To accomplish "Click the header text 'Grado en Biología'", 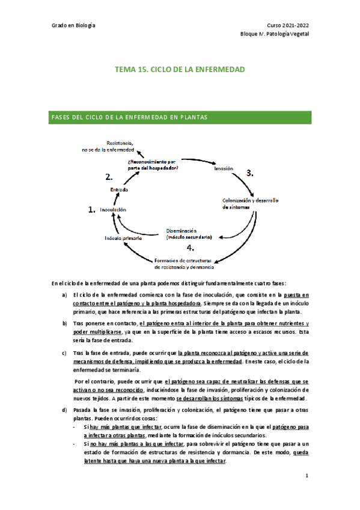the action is point(74,26).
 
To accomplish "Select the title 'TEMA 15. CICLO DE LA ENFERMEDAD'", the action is point(180,70).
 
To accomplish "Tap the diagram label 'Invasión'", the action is point(224,169).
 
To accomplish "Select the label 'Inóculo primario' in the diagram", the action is point(123,238).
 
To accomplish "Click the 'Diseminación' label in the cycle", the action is point(182,230).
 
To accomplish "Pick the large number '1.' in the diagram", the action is point(92,210).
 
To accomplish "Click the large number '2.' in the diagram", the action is point(109,177).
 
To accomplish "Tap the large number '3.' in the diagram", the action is point(250,173).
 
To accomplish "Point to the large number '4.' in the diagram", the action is point(190,247).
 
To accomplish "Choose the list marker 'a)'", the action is point(64,295).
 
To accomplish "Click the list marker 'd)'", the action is point(64,410).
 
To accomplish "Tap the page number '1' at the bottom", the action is point(307,476).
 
